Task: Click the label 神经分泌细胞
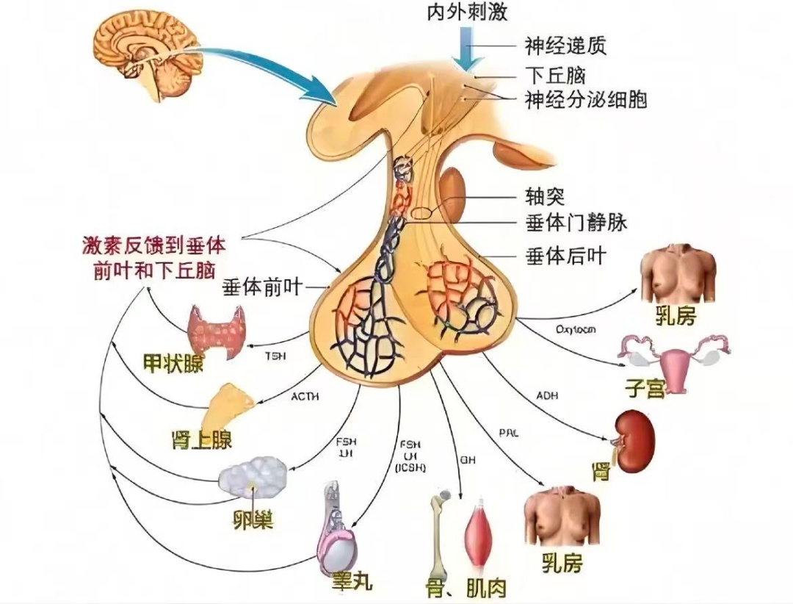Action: (x=586, y=99)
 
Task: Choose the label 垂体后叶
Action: (x=565, y=256)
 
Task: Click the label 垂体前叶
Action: (x=262, y=287)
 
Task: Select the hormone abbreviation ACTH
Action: (x=305, y=397)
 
